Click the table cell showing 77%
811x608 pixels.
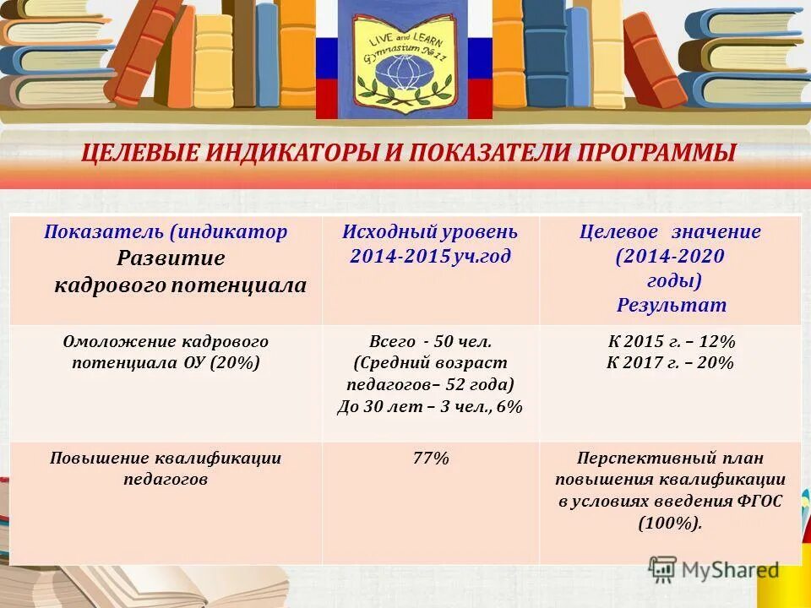coord(431,459)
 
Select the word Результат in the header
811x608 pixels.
coord(671,305)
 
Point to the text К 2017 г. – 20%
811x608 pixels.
coord(671,363)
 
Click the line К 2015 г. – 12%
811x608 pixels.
coord(671,342)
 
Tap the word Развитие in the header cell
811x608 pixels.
coord(171,258)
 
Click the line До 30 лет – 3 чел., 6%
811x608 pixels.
coord(430,406)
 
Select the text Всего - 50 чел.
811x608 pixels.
coord(430,342)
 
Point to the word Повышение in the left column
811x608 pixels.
coord(99,459)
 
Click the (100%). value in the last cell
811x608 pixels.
coord(671,523)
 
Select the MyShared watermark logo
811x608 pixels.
coord(714,570)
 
